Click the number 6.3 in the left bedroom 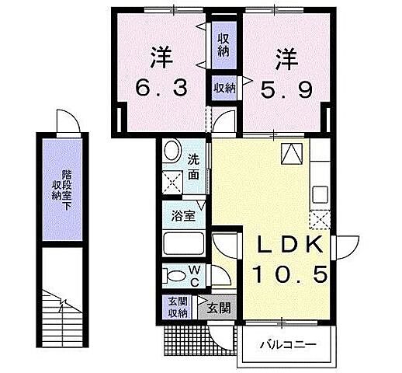161,88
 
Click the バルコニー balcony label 286,344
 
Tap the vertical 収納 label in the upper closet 224,44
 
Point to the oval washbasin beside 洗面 173,151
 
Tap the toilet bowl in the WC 172,275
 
